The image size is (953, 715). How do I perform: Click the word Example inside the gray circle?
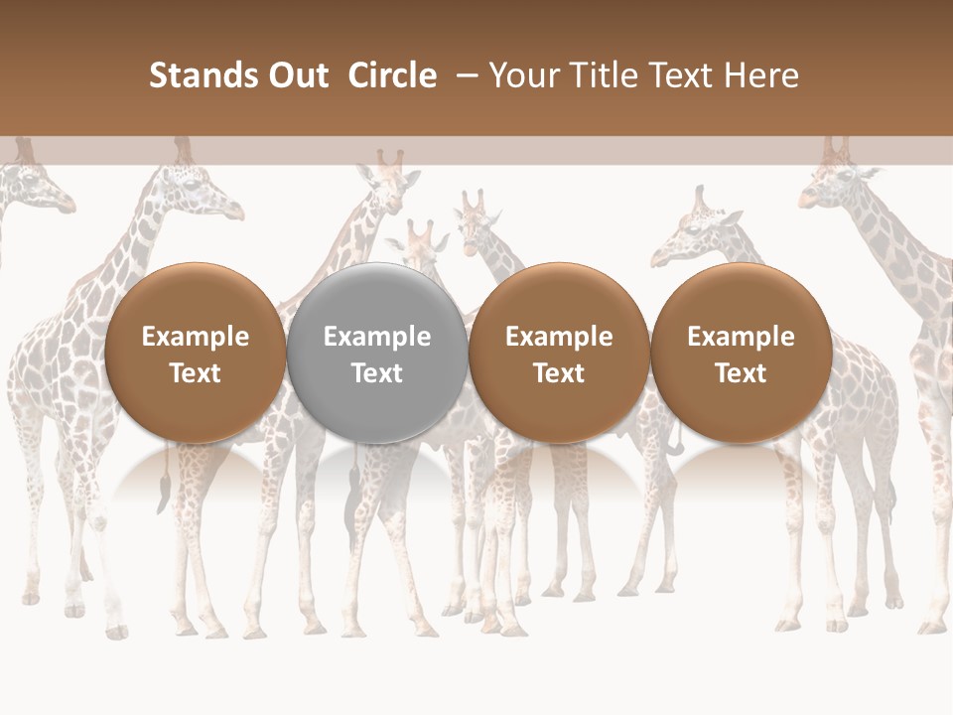[x=377, y=337]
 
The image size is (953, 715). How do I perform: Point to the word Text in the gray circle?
[x=377, y=373]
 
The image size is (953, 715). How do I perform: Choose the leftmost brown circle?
[x=195, y=353]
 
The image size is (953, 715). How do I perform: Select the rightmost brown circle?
[x=741, y=353]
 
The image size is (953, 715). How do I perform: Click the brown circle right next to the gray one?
[x=559, y=353]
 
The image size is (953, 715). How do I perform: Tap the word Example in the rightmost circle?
[x=741, y=337]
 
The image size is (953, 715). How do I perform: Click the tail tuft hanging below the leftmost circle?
[x=159, y=492]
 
